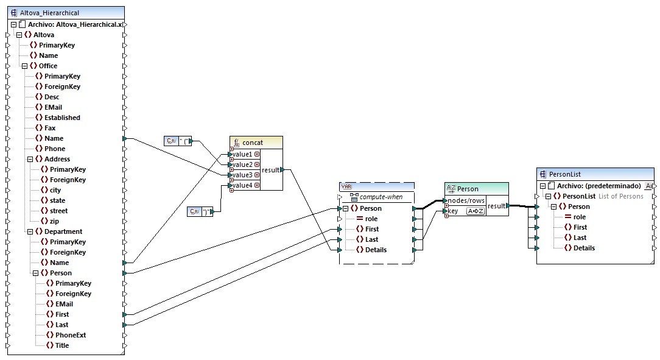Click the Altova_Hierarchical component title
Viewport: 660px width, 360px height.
click(49, 13)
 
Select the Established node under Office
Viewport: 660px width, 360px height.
click(61, 118)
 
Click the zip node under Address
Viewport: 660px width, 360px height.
click(55, 221)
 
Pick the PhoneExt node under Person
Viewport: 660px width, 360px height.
click(70, 335)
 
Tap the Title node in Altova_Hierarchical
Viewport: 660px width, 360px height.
click(61, 345)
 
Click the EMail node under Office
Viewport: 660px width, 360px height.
click(53, 107)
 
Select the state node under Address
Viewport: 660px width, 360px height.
click(57, 200)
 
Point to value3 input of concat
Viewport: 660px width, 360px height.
click(242, 175)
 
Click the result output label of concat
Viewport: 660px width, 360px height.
click(271, 170)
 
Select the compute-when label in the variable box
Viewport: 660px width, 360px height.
click(381, 197)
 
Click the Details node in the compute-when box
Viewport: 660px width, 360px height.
click(375, 250)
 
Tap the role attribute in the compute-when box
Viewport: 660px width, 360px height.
click(371, 219)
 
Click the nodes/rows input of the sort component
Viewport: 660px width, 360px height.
click(466, 200)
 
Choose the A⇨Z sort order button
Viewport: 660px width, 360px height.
click(475, 211)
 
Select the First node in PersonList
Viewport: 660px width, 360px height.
click(580, 227)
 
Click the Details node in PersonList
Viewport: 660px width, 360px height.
click(583, 248)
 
